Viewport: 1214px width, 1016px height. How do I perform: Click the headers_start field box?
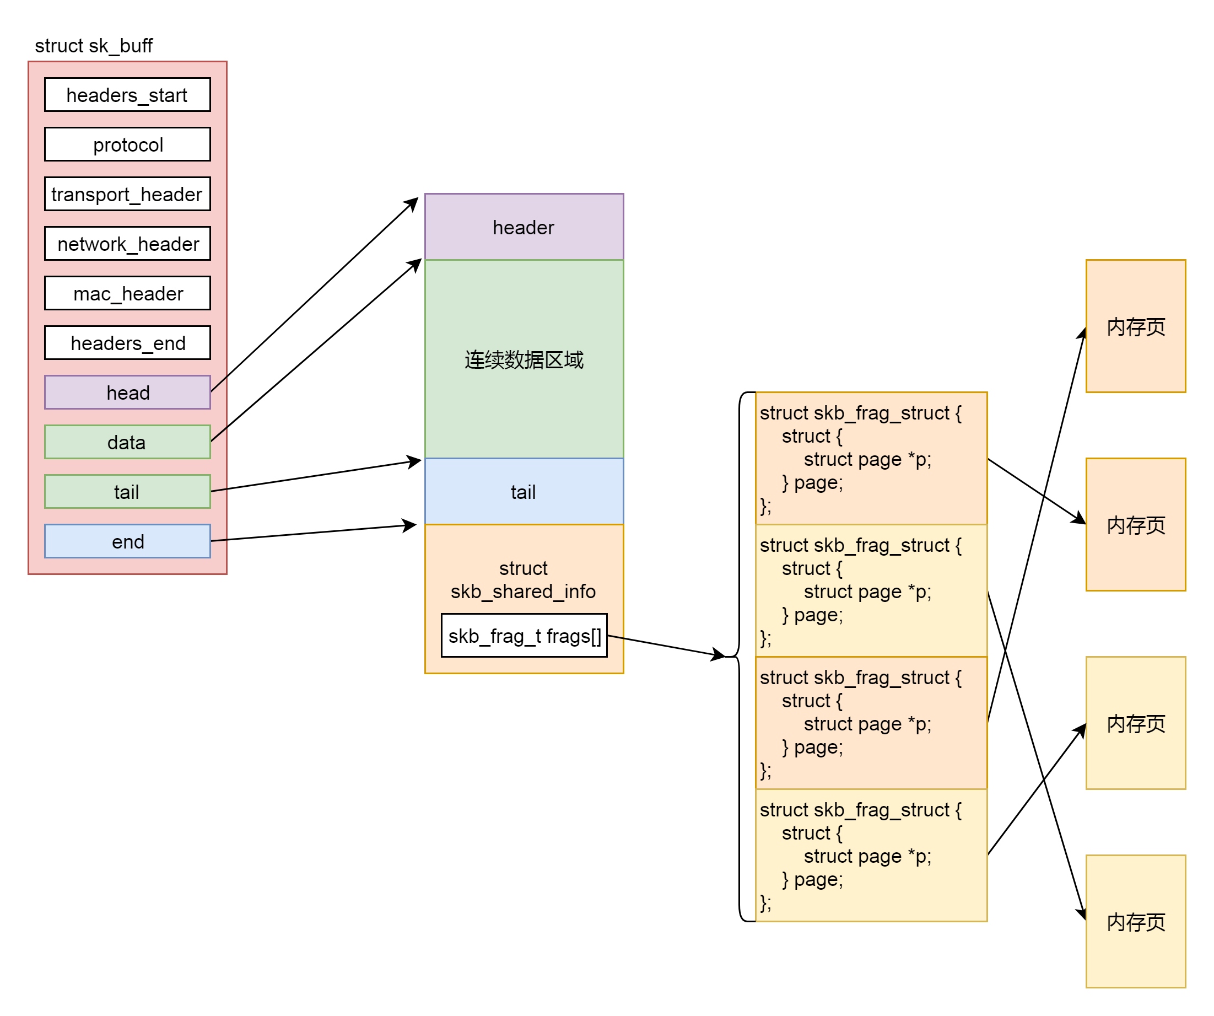pos(127,95)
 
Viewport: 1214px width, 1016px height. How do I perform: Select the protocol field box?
pos(127,144)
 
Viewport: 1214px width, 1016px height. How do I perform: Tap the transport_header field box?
pos(127,194)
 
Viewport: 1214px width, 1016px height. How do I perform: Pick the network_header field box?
pos(127,244)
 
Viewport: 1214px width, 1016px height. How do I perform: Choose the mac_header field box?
pos(127,294)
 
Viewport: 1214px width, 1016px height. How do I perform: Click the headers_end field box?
pos(127,343)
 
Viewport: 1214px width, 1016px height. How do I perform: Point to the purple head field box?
pos(127,393)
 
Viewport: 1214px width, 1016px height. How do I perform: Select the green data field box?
pos(127,443)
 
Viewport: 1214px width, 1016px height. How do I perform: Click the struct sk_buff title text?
pos(94,46)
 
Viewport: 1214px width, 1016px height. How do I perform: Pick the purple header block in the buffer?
pos(524,227)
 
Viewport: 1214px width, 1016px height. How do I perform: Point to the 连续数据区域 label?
pos(524,360)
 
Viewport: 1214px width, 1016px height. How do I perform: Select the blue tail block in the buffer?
pos(524,492)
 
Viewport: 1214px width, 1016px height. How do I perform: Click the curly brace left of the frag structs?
pos(740,657)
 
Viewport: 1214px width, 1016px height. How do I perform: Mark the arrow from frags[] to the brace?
pos(665,647)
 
